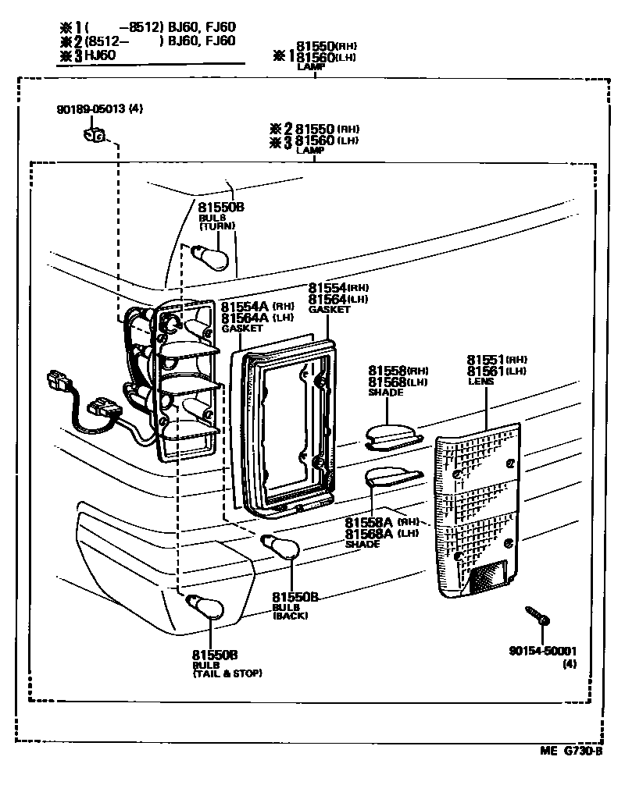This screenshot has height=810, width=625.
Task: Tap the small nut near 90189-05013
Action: tap(93, 137)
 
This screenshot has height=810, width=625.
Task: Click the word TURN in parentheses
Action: tap(216, 226)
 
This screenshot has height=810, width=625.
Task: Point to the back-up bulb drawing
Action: tap(279, 547)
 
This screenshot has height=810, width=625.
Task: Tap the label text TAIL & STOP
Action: tap(227, 673)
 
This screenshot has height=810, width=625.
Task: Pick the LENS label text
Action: tap(479, 382)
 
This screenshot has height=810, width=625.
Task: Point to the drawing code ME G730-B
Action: tap(570, 751)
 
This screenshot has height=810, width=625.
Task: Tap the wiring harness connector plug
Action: tap(102, 409)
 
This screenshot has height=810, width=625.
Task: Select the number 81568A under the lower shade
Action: tap(370, 534)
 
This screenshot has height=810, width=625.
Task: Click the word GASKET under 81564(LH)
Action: tap(329, 310)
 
